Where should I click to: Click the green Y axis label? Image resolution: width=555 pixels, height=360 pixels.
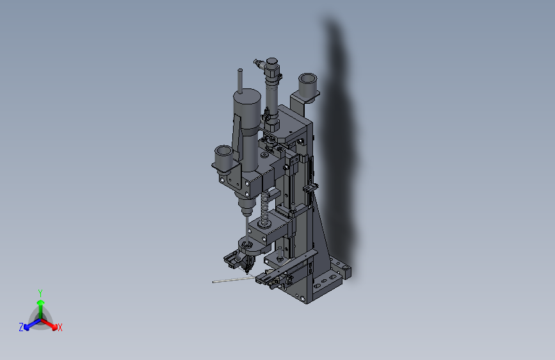(x=40, y=291)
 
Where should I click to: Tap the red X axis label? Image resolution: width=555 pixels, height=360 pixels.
(x=60, y=328)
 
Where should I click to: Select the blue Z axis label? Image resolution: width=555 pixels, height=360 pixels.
(x=21, y=327)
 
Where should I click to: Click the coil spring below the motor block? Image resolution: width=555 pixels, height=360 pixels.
(x=264, y=206)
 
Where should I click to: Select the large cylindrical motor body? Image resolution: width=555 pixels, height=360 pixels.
(x=246, y=106)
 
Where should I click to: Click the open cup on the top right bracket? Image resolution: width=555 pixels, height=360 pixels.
(x=309, y=84)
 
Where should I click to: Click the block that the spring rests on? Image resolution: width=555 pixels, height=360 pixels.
(x=269, y=228)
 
